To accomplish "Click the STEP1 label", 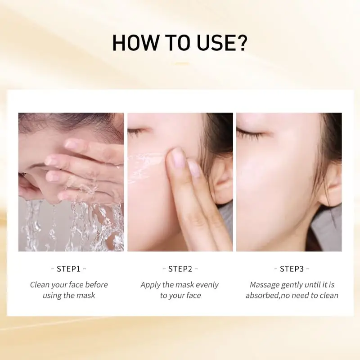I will point(68,269).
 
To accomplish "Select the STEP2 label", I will point(180,269).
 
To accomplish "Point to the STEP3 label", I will point(292,269).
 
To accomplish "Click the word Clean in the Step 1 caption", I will point(40,284).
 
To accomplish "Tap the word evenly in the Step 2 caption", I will point(207,284).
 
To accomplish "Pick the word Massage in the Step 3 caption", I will point(264,284).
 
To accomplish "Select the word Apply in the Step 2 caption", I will point(150,284).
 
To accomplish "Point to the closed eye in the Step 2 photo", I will point(136,132).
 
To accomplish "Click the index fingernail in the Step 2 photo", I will point(177,158).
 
